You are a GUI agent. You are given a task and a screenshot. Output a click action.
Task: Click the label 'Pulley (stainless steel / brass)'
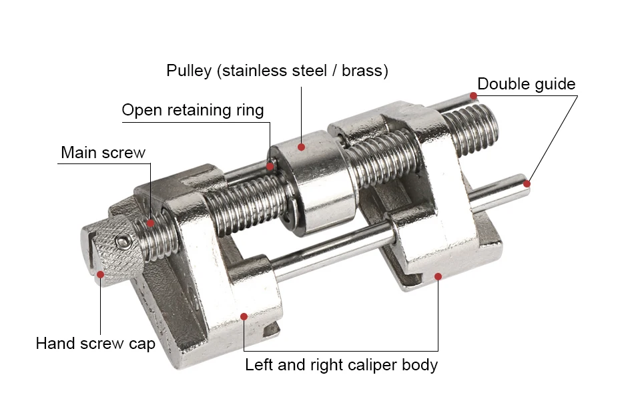click(277, 70)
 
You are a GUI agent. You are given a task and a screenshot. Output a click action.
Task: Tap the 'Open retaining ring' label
click(192, 110)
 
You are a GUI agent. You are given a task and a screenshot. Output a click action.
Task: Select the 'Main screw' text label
click(103, 152)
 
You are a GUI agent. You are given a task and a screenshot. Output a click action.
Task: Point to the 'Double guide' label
click(526, 84)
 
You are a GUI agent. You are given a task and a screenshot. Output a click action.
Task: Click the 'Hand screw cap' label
click(95, 344)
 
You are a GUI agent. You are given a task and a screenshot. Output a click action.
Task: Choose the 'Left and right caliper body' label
click(341, 365)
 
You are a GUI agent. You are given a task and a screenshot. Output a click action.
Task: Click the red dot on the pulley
click(302, 147)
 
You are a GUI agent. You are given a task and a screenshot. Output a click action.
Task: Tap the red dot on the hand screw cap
click(101, 274)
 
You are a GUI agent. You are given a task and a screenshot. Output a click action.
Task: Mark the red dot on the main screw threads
click(151, 223)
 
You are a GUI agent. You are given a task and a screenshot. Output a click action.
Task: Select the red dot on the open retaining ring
click(271, 166)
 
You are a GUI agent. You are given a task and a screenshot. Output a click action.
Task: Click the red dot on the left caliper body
click(245, 315)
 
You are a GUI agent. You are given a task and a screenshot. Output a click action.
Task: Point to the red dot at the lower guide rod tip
click(527, 183)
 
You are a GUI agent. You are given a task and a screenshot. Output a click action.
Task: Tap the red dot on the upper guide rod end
click(473, 96)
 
